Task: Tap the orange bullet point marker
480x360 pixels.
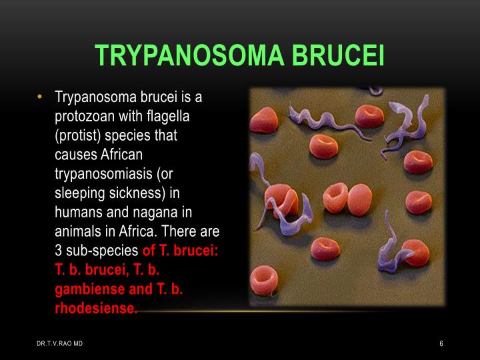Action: coord(41,97)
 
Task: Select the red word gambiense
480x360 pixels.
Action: coord(86,290)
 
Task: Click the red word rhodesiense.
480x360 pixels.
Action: coord(95,309)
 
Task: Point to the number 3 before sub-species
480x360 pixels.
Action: coord(58,251)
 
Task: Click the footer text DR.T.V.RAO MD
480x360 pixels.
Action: coord(60,343)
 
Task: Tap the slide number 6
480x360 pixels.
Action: coord(441,343)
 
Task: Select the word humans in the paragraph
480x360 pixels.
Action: coord(79,213)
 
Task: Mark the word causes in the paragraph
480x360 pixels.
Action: coord(75,155)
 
